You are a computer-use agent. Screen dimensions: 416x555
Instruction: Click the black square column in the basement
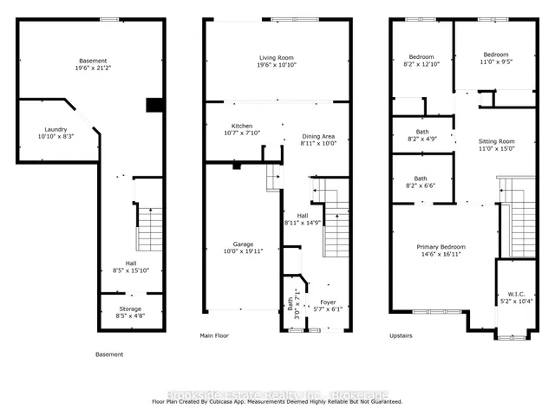pos(155,105)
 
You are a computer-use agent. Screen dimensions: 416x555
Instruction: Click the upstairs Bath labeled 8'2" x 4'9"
pos(421,134)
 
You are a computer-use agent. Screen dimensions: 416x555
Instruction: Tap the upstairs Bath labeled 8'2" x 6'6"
pos(421,182)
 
